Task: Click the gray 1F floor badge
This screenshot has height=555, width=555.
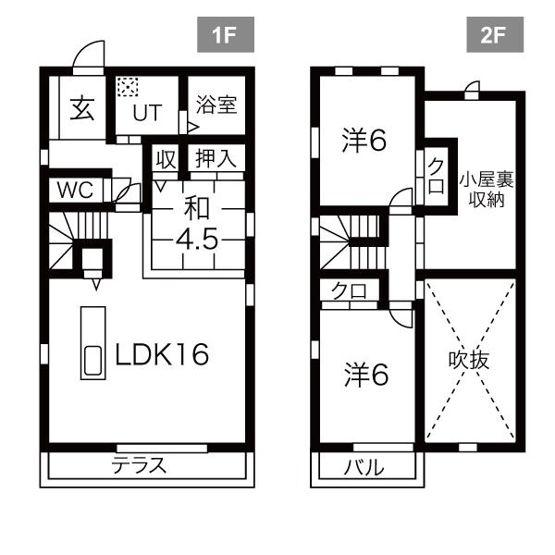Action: (x=226, y=35)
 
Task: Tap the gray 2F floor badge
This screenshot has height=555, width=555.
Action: (x=495, y=35)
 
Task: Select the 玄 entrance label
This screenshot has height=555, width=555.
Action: (x=82, y=107)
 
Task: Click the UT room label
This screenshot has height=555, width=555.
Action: (x=147, y=113)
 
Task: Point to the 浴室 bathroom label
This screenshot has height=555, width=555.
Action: (x=216, y=105)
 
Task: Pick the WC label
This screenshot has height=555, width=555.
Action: (x=76, y=190)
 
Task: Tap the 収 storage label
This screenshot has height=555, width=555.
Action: (x=166, y=159)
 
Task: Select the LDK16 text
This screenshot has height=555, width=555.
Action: (x=162, y=354)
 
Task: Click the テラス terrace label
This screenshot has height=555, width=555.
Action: (x=139, y=465)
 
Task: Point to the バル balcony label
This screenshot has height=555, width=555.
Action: (x=364, y=467)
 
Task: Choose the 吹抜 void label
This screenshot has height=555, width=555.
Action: (x=469, y=360)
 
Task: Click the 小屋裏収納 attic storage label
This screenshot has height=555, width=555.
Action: (x=487, y=191)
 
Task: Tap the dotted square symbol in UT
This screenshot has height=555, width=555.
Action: (x=128, y=86)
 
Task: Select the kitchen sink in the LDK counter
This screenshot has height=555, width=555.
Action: (x=93, y=360)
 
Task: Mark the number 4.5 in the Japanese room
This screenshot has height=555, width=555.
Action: (x=197, y=240)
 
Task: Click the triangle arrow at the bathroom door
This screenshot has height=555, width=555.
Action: (x=193, y=127)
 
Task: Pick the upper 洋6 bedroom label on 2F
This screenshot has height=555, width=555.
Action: (x=364, y=141)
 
